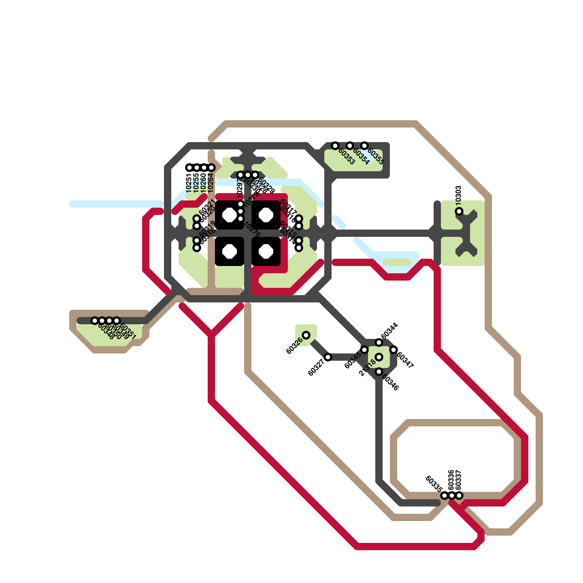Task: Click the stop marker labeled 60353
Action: click(x=335, y=146)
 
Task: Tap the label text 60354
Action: click(x=361, y=157)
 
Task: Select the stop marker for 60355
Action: click(x=364, y=146)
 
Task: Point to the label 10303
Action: click(x=459, y=195)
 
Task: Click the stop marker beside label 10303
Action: click(x=459, y=211)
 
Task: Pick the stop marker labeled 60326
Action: click(x=306, y=335)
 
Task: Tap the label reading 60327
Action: click(x=316, y=368)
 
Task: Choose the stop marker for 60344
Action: click(x=379, y=343)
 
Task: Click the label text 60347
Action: click(x=405, y=360)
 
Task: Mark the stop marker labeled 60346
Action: click(x=379, y=372)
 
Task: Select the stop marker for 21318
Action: click(x=379, y=357)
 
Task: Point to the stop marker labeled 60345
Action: click(x=364, y=350)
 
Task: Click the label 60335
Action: click(x=434, y=484)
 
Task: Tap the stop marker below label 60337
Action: click(x=459, y=496)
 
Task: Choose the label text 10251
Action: click(x=189, y=183)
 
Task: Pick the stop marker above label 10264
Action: click(x=211, y=168)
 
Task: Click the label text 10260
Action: click(x=203, y=183)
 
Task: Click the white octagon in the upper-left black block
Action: click(x=230, y=215)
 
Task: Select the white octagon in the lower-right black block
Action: click(x=266, y=251)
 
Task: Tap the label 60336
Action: click(x=451, y=480)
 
